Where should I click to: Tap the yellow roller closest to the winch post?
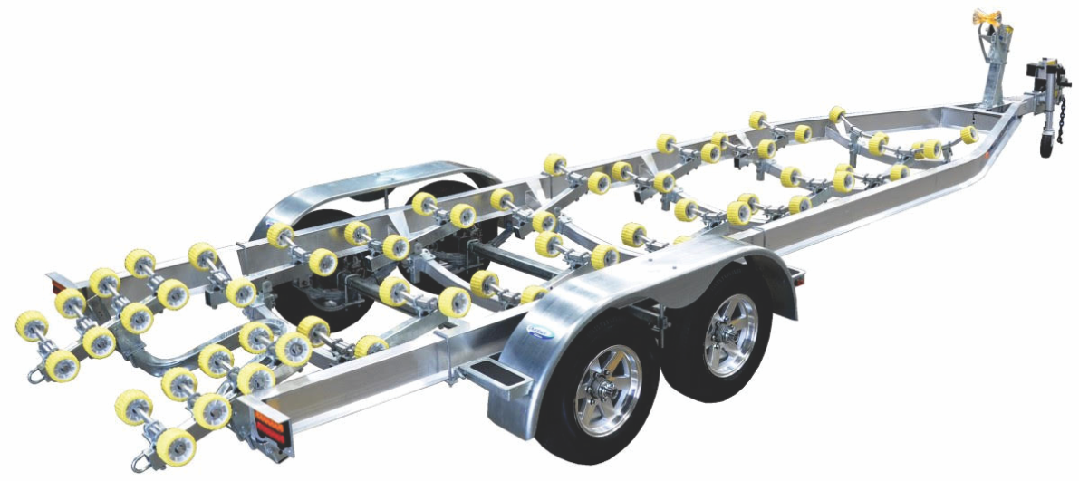pyautogui.click(x=968, y=134)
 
